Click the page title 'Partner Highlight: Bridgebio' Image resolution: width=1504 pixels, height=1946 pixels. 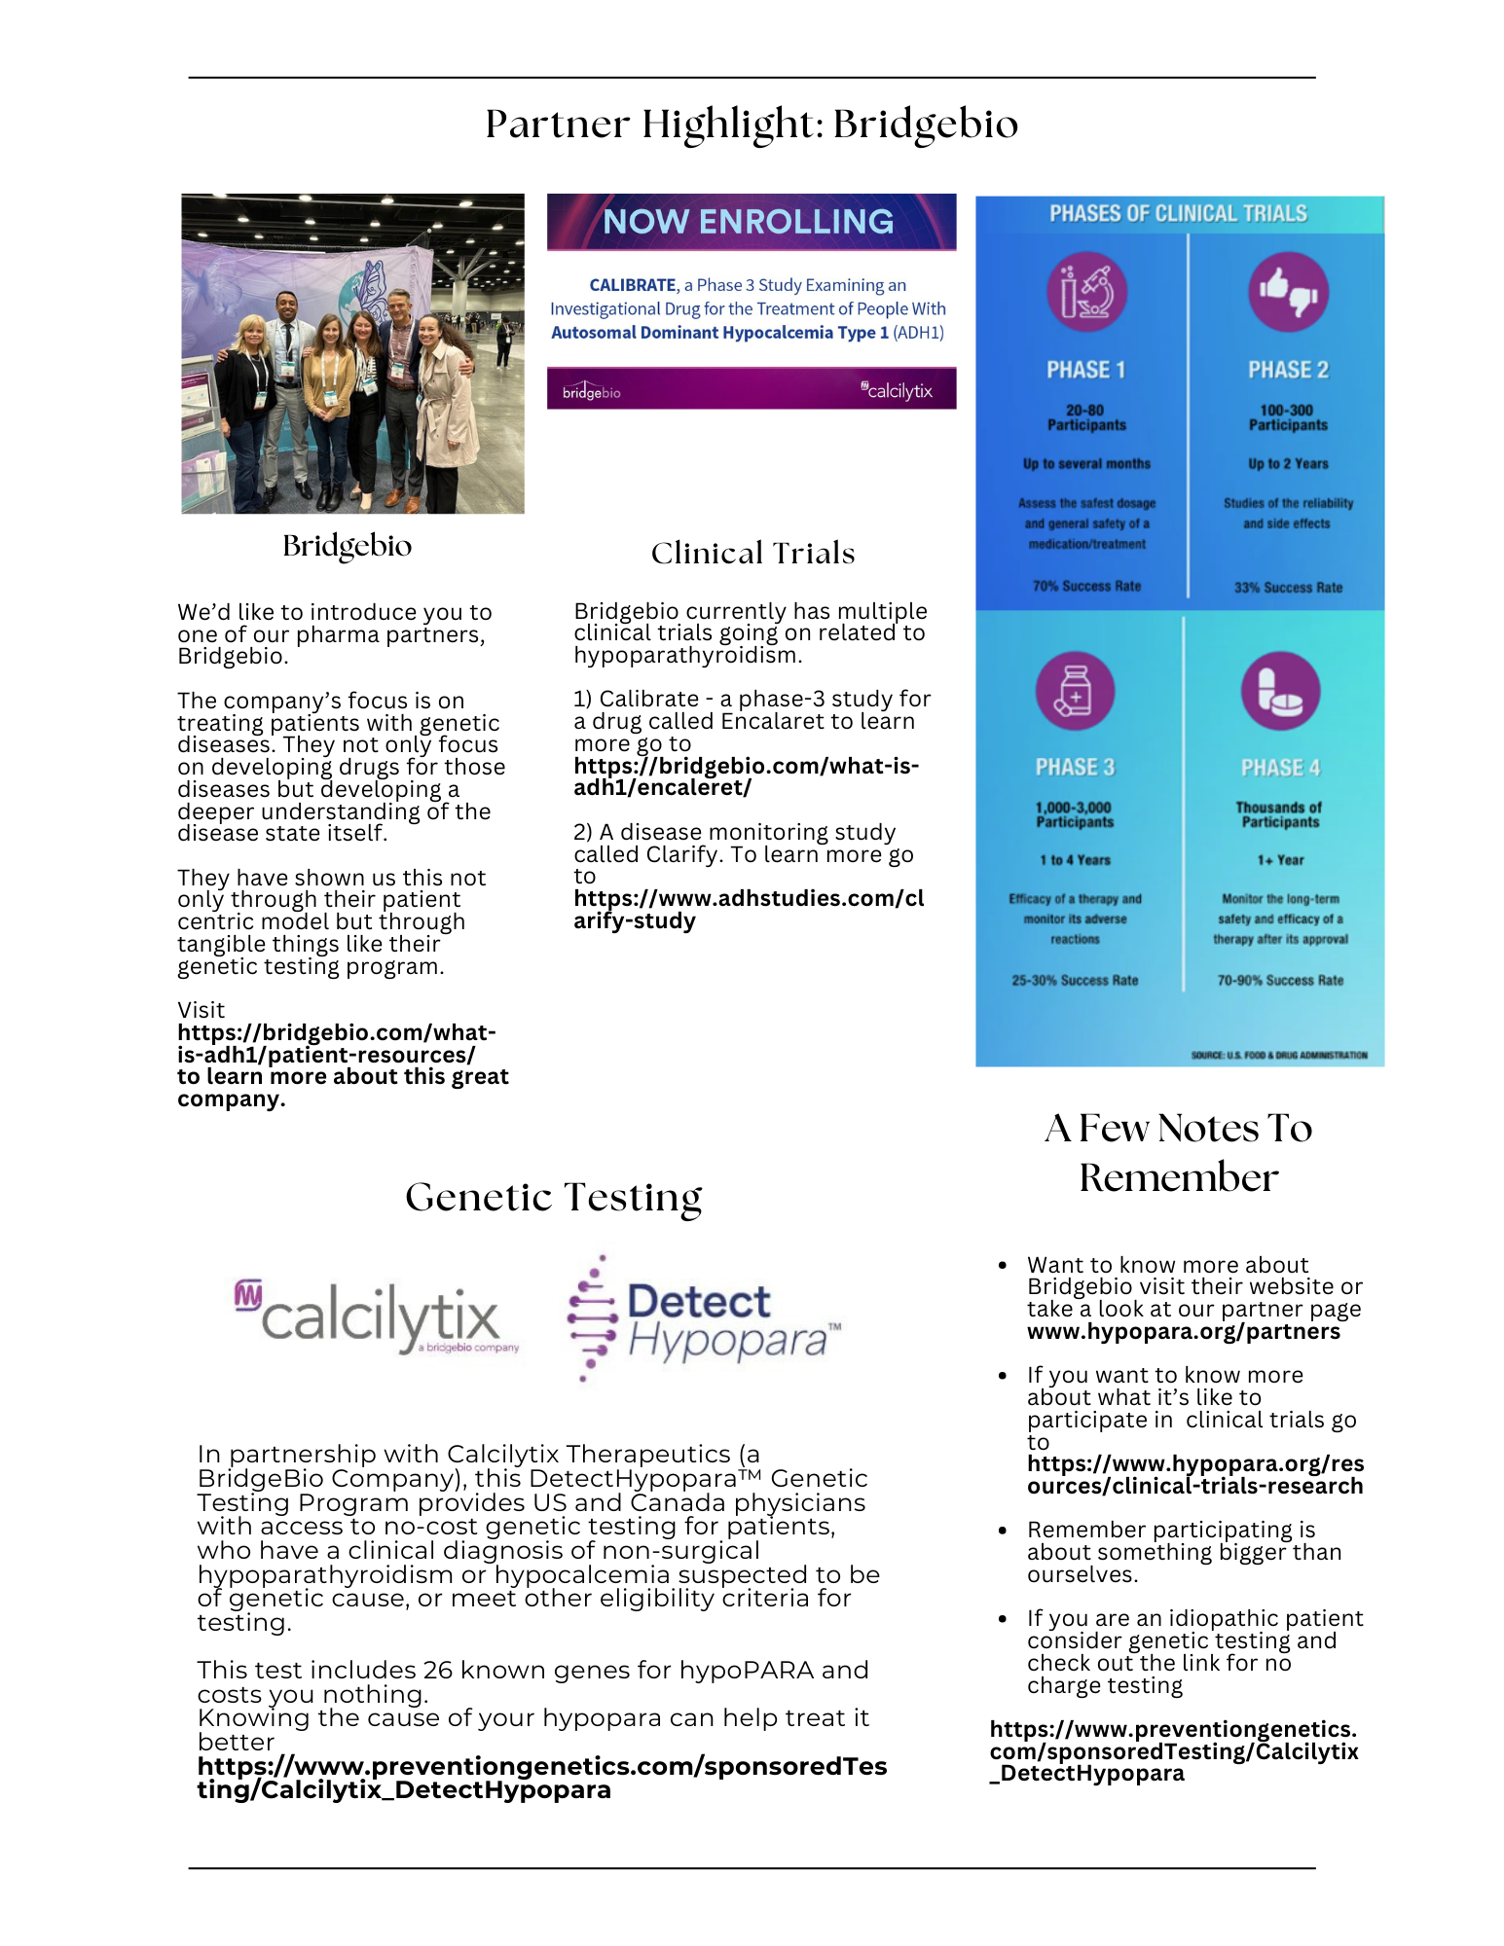[x=752, y=125]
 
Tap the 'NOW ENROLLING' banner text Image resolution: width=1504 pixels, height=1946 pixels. [x=748, y=222]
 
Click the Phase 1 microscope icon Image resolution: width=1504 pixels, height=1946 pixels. [x=1086, y=292]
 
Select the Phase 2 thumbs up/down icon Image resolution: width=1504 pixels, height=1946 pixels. [x=1288, y=292]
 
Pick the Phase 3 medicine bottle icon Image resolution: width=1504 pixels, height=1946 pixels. [x=1075, y=691]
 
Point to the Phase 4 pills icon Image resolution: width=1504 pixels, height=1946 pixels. [x=1280, y=691]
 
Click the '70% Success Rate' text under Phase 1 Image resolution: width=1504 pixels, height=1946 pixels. [x=1086, y=586]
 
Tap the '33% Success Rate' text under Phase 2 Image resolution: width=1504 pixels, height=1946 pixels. [x=1288, y=588]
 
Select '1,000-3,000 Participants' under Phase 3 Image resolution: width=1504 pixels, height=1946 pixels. [x=1075, y=814]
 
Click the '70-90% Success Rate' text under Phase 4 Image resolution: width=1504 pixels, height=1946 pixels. [x=1280, y=981]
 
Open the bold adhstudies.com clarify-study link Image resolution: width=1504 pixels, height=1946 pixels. [x=748, y=909]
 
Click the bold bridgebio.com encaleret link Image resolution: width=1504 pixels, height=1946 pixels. [x=746, y=776]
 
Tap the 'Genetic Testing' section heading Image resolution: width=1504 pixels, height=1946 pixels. [x=553, y=1198]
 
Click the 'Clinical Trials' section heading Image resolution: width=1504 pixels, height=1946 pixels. [x=752, y=554]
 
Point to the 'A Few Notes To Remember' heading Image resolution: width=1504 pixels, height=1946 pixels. [x=1178, y=1153]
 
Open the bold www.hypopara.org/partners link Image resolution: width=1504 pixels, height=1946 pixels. [x=1183, y=1332]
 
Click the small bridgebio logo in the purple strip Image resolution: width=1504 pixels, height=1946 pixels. [x=591, y=391]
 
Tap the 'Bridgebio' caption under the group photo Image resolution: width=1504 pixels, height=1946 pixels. [x=347, y=546]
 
